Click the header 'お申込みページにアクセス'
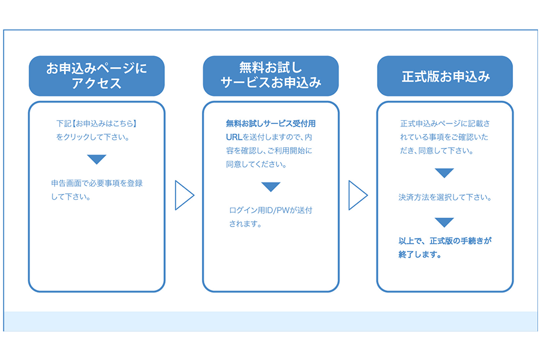97,76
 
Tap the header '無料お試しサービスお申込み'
271,76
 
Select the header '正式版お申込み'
445,76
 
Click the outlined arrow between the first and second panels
185,195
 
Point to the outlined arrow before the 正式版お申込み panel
358,195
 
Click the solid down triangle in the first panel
97,159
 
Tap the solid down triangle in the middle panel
271,187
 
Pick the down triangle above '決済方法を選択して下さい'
444,173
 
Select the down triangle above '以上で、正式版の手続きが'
444,222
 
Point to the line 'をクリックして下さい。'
93,137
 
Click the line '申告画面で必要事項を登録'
97,184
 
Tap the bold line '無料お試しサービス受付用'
271,123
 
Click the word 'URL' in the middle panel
234,137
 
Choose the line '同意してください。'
256,165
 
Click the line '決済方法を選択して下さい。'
445,197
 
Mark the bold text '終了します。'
420,255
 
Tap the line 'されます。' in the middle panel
245,224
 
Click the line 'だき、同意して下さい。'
437,151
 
